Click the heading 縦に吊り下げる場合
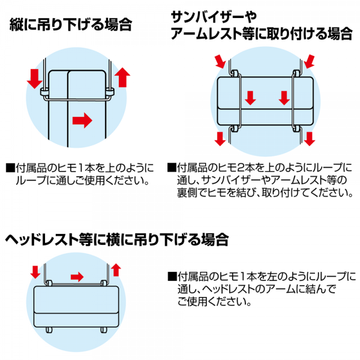pyautogui.click(x=71, y=25)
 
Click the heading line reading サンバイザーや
pyautogui.click(x=214, y=17)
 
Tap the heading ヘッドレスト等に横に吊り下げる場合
pyautogui.click(x=116, y=239)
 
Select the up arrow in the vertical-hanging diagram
pyautogui.click(x=122, y=77)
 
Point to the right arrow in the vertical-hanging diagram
pyautogui.click(x=82, y=121)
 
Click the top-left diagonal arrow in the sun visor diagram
pyautogui.click(x=221, y=62)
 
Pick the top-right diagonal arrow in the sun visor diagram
pyautogui.click(x=309, y=61)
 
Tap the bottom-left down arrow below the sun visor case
pyautogui.click(x=220, y=139)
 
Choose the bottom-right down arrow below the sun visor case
pyautogui.click(x=310, y=139)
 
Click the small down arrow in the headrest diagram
pyautogui.click(x=35, y=272)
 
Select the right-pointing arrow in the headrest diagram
pyautogui.click(x=77, y=277)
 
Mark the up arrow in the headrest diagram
pyautogui.click(x=116, y=270)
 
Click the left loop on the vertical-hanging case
pyautogui.click(x=44, y=92)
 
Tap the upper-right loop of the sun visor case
pyautogui.click(x=296, y=73)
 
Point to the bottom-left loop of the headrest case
pyautogui.click(x=49, y=330)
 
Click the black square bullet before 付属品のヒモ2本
pyautogui.click(x=172, y=167)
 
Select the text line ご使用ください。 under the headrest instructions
pyautogui.click(x=214, y=301)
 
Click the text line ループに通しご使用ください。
pyautogui.click(x=83, y=181)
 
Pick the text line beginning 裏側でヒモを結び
pyautogui.click(x=265, y=193)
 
